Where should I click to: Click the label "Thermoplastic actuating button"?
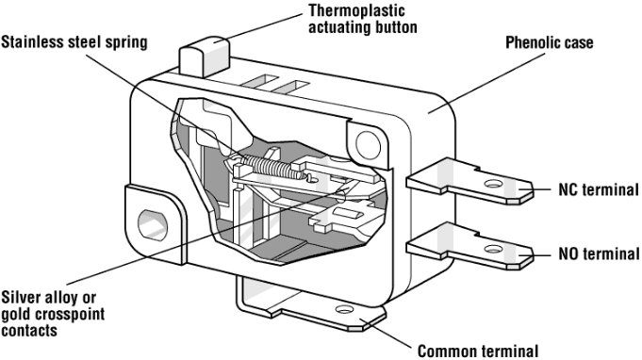tap(363, 19)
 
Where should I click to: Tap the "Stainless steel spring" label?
tap(74, 42)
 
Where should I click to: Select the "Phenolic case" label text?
tap(550, 42)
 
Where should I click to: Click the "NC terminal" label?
tap(599, 189)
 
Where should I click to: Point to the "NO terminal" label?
tap(599, 254)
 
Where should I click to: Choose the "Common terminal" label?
tap(478, 351)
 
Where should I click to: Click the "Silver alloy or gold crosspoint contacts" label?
tap(53, 314)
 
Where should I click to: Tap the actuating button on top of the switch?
tap(204, 56)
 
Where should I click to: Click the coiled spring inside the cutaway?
tap(272, 168)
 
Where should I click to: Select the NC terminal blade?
tap(470, 182)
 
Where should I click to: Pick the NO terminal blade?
tap(470, 247)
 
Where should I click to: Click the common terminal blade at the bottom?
tap(311, 304)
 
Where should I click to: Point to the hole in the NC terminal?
tap(493, 184)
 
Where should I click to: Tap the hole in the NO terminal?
tap(493, 249)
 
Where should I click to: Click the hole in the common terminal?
tap(344, 309)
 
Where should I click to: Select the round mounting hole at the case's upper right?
tap(368, 144)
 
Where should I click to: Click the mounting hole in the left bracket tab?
tap(153, 225)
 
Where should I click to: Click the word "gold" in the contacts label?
tap(18, 314)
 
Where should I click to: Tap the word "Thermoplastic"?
tap(356, 11)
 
